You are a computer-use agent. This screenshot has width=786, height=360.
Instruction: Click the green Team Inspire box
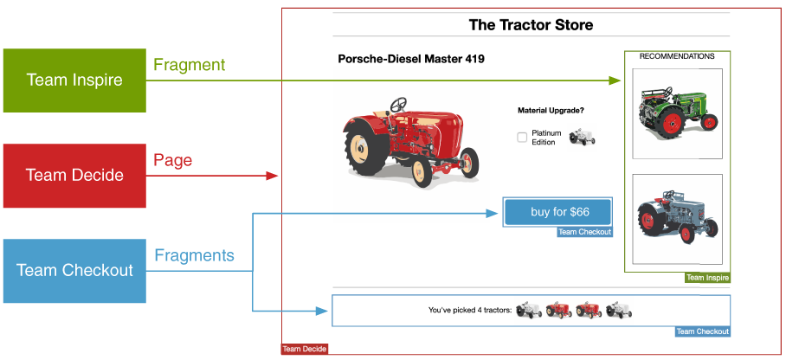click(x=74, y=80)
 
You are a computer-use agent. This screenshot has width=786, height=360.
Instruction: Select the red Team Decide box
click(x=74, y=176)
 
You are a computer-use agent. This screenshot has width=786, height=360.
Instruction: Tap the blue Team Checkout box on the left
click(x=74, y=270)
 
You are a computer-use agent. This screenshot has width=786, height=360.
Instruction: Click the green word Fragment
click(x=189, y=65)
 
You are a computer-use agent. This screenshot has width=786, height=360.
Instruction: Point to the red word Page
click(x=172, y=160)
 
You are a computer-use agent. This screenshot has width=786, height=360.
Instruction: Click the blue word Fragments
click(x=194, y=255)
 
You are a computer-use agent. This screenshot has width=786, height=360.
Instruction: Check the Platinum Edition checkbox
click(x=522, y=137)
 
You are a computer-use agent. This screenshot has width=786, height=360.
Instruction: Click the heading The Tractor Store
click(x=531, y=25)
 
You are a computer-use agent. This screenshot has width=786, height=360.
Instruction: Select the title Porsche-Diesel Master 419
click(x=410, y=60)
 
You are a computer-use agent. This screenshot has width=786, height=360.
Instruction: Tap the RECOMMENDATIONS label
click(x=677, y=56)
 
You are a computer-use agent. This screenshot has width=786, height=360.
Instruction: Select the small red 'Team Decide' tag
click(x=305, y=349)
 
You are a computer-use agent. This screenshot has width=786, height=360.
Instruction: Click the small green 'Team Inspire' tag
click(x=707, y=278)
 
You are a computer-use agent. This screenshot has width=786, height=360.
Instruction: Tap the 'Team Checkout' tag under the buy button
click(x=584, y=232)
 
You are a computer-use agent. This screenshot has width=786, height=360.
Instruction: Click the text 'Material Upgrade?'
click(x=551, y=111)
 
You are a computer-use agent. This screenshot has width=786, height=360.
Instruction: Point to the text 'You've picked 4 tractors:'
click(x=469, y=309)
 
